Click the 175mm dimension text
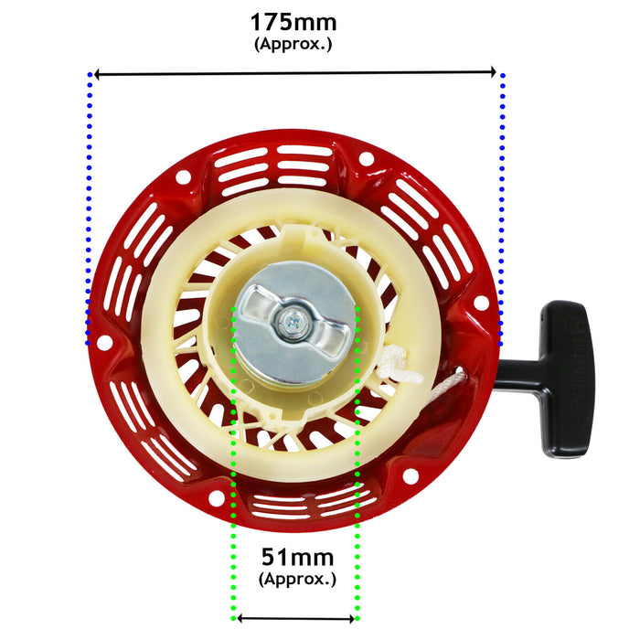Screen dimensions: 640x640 pyautogui.click(x=293, y=22)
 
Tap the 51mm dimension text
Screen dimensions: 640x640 pyautogui.click(x=297, y=557)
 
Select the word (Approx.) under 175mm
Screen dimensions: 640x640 pyautogui.click(x=293, y=43)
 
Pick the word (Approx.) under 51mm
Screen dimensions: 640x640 pyautogui.click(x=297, y=578)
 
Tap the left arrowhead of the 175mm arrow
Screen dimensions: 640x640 pyautogui.click(x=98, y=72)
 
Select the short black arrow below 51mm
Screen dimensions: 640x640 pyautogui.click(x=295, y=618)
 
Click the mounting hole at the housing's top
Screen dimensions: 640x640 pyautogui.click(x=366, y=158)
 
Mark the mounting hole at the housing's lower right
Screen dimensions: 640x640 pyautogui.click(x=410, y=475)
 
